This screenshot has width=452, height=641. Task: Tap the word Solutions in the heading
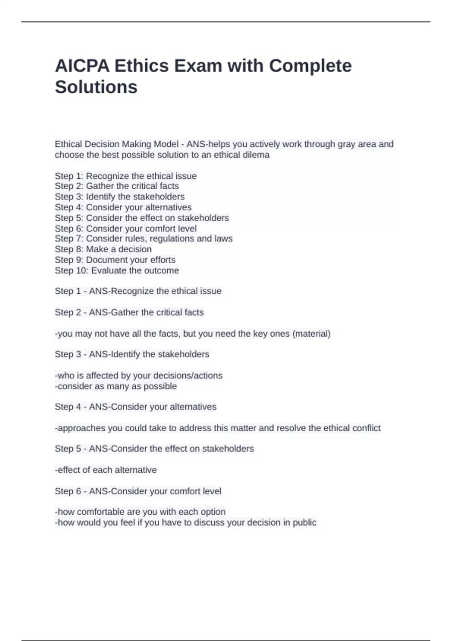96,87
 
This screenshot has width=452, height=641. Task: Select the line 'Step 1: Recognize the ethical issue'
125,176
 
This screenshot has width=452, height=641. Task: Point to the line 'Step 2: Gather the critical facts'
117,186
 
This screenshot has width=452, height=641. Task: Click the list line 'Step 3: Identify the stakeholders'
119,196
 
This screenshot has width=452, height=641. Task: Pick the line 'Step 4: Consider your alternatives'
123,207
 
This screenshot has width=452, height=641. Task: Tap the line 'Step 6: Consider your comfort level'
125,228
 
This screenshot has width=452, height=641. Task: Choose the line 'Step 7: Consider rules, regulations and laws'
144,239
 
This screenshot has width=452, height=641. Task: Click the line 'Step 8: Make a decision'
103,249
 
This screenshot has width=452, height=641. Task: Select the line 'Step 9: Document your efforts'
115,260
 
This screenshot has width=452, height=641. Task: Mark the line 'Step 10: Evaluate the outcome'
117,270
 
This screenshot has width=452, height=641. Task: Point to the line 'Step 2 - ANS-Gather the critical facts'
129,312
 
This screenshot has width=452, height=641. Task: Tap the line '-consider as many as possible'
116,386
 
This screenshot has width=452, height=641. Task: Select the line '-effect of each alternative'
105,470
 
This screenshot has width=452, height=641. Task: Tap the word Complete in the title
310,66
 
